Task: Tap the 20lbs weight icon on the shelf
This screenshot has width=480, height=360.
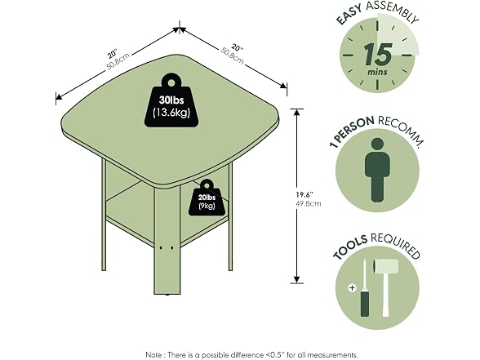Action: click(x=207, y=198)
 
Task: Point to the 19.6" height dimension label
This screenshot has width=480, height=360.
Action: click(x=304, y=194)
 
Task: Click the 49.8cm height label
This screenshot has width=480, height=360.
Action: click(x=309, y=203)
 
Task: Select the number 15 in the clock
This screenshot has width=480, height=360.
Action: click(x=379, y=54)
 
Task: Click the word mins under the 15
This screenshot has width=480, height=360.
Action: click(x=377, y=72)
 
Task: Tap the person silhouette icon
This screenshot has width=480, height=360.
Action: click(x=377, y=170)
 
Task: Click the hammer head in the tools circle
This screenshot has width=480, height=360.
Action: click(x=385, y=267)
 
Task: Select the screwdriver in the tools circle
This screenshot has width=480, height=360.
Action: click(x=365, y=288)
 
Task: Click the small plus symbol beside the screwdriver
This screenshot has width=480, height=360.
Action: click(x=353, y=287)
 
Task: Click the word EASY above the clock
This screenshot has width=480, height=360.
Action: click(x=349, y=14)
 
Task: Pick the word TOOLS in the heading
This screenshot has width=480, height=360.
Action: click(x=350, y=247)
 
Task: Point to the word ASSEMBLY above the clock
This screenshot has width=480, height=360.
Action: click(x=393, y=11)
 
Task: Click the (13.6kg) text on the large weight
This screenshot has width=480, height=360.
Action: click(x=171, y=113)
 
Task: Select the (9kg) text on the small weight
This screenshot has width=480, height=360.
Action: click(x=207, y=206)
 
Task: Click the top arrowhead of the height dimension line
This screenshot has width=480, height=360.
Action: click(x=296, y=112)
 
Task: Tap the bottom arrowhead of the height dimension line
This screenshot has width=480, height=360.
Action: click(x=296, y=279)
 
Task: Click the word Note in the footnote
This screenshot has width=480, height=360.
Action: click(x=153, y=355)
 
